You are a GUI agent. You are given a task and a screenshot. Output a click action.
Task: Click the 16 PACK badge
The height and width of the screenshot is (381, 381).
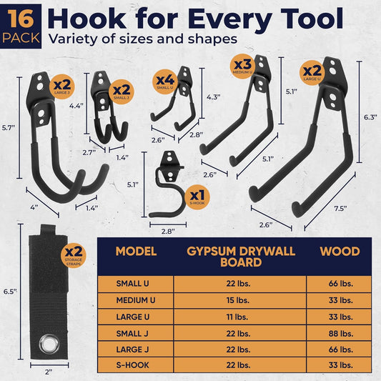(21, 26)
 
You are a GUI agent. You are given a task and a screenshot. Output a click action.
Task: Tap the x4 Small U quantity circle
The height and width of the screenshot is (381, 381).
(165, 81)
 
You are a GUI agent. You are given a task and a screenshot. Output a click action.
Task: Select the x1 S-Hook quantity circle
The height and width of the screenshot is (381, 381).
(197, 197)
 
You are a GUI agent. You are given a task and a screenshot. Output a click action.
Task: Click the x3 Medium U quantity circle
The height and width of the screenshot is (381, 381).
(242, 66)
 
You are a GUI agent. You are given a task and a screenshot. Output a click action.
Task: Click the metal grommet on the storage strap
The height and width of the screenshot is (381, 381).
(49, 344)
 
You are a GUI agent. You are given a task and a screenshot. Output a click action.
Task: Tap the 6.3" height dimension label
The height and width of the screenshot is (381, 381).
(370, 117)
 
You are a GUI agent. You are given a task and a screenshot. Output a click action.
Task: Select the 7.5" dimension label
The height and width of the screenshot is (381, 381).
(340, 209)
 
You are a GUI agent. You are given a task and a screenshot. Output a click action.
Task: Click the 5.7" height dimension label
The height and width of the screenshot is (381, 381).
(9, 128)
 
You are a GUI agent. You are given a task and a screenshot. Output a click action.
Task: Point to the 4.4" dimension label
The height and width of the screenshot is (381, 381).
(76, 106)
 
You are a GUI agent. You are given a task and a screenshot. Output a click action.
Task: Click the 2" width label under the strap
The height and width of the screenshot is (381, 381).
(49, 372)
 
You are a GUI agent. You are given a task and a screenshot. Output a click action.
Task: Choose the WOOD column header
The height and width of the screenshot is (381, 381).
(340, 252)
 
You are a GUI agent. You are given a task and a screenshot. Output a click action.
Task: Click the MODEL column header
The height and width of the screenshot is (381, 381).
(136, 252)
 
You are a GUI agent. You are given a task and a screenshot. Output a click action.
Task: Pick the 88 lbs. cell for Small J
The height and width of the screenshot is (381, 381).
(341, 334)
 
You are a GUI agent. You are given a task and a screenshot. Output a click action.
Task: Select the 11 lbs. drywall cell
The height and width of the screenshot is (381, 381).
(237, 317)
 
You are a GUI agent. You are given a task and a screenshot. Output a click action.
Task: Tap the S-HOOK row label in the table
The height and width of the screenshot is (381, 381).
(132, 365)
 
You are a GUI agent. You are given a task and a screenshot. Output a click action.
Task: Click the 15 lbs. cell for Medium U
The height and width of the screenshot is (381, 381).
(238, 300)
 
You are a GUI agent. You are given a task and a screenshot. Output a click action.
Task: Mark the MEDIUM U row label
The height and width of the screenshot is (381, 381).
(136, 300)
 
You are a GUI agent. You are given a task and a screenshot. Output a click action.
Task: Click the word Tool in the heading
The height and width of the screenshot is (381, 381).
(313, 19)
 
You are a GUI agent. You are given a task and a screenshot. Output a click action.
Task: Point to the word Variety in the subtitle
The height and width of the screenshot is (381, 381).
(73, 39)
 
